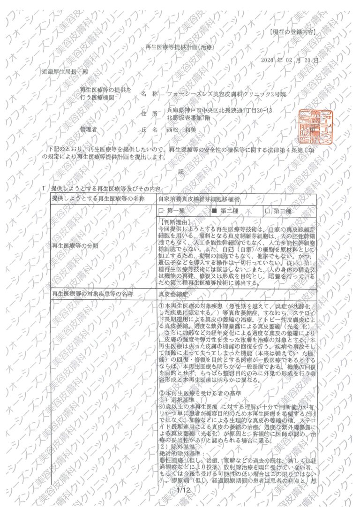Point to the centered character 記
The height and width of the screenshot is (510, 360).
(180, 172)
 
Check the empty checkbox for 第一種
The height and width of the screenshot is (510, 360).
(161, 211)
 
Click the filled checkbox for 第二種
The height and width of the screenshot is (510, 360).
(214, 211)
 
